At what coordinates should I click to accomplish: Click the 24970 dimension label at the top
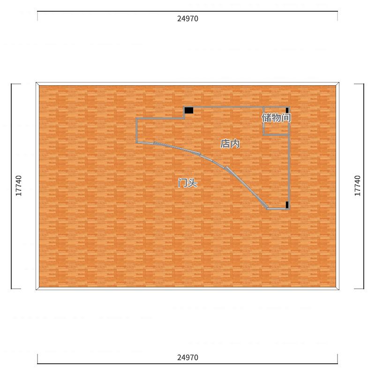click(x=188, y=19)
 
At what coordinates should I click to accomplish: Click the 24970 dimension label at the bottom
click(x=188, y=358)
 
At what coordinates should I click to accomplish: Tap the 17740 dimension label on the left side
click(x=19, y=186)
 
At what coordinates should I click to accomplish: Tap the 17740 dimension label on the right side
click(x=358, y=186)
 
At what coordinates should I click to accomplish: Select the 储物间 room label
click(x=277, y=118)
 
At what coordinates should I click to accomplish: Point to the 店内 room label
click(x=230, y=144)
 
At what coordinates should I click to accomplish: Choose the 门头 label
click(x=188, y=183)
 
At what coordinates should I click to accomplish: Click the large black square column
click(x=189, y=110)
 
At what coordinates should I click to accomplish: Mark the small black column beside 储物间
click(x=287, y=110)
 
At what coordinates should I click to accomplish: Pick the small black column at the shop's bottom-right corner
click(x=287, y=205)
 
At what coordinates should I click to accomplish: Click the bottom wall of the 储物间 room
click(x=276, y=135)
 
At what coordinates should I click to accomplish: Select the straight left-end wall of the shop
click(x=136, y=130)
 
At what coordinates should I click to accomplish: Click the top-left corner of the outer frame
click(x=36, y=82)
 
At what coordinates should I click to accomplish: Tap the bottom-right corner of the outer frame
click(x=339, y=290)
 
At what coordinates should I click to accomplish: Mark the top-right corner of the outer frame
click(x=339, y=82)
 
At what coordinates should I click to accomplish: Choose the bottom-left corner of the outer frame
click(x=36, y=290)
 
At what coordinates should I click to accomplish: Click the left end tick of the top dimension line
click(x=37, y=16)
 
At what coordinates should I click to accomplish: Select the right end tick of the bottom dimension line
click(x=337, y=359)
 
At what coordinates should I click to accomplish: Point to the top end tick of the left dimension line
click(x=16, y=84)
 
